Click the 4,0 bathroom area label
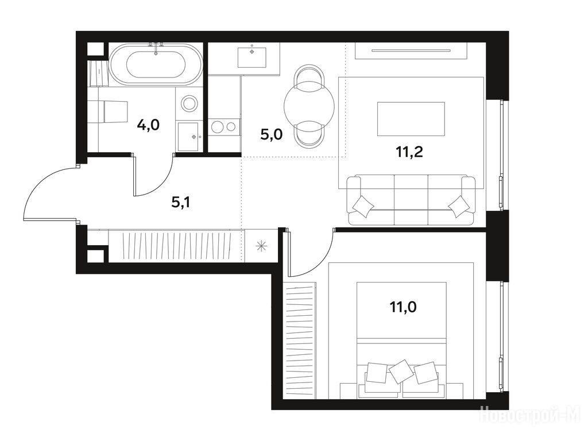148,125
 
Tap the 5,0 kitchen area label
271,134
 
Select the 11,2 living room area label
409,152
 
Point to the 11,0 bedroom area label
403,307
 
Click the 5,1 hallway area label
180,203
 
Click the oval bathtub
156,65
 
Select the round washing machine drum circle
189,103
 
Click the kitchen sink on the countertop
252,57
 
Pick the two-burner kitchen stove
224,127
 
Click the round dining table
309,106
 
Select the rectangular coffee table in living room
411,119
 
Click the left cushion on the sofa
363,206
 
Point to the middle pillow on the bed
401,372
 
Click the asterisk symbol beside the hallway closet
261,246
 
